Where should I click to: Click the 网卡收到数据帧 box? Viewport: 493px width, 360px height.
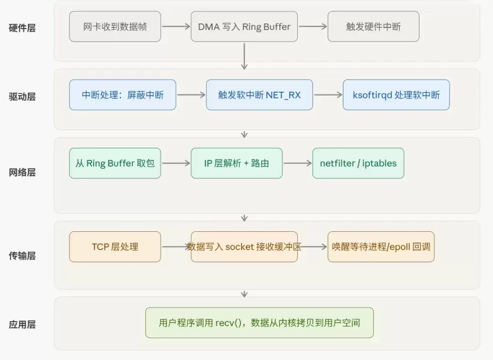tap(115, 26)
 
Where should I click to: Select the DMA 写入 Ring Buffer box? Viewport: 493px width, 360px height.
tap(244, 26)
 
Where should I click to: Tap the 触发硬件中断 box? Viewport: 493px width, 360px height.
tap(373, 26)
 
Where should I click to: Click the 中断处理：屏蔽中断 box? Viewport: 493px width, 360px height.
tap(123, 95)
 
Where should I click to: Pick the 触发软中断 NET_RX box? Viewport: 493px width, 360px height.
tap(259, 95)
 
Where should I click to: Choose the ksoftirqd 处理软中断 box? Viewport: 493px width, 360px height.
tap(396, 95)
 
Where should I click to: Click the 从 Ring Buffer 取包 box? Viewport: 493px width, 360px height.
tap(115, 163)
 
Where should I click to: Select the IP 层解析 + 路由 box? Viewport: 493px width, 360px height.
tap(237, 163)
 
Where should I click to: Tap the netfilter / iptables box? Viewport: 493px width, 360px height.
tap(358, 163)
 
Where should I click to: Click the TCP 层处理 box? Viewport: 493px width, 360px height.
tap(115, 247)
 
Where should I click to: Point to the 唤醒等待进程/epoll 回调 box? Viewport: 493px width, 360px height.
tap(381, 247)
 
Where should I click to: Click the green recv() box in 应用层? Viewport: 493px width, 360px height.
tap(259, 323)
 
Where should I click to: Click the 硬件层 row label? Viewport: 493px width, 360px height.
tap(22, 28)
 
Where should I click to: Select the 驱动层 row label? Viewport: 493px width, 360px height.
tap(22, 96)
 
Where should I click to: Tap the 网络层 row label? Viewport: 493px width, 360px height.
tap(22, 172)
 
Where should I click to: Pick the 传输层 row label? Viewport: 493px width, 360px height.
tap(22, 256)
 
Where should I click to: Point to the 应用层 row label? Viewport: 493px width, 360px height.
tap(22, 324)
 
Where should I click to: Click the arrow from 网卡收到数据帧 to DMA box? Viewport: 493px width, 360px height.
tap(176, 26)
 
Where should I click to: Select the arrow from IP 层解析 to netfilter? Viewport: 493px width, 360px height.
tap(298, 163)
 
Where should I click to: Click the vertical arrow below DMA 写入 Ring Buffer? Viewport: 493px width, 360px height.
tap(244, 56)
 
